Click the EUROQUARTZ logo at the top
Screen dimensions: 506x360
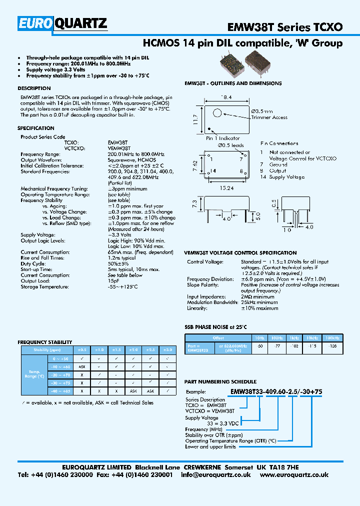(63, 22)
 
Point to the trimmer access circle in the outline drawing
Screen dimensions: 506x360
(218, 113)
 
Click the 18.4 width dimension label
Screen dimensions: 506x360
(227, 97)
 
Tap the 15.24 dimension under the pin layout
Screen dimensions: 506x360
(227, 189)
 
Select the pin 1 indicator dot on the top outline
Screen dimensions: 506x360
(209, 128)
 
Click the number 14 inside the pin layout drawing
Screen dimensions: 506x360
(213, 171)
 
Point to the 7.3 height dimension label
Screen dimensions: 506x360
(194, 204)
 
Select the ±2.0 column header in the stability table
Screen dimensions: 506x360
(133, 350)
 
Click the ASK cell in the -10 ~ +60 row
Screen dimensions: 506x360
(81, 366)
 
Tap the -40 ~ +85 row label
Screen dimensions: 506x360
(61, 390)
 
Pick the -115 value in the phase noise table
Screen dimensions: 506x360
(313, 345)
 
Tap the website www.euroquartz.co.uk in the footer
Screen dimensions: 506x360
(294, 475)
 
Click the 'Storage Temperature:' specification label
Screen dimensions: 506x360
(44, 287)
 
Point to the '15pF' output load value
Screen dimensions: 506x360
(114, 281)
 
